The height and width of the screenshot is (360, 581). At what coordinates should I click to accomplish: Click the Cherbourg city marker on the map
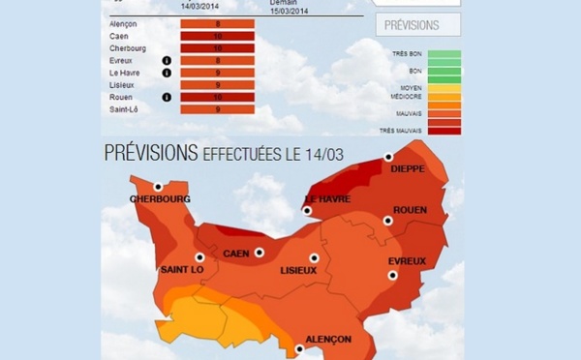click(158, 187)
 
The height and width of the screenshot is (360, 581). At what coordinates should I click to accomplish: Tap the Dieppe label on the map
click(407, 167)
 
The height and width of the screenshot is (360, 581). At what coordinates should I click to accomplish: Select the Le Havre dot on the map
click(307, 210)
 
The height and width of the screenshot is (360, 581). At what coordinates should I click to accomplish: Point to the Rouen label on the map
click(411, 209)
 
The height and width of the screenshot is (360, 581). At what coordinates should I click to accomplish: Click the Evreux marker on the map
click(393, 275)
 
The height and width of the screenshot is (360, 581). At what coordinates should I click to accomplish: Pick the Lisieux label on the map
click(298, 270)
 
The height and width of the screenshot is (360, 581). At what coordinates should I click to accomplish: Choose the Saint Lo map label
click(181, 269)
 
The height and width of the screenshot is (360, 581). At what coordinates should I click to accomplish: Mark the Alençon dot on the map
click(299, 349)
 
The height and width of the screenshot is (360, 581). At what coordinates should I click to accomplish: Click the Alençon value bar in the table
click(217, 24)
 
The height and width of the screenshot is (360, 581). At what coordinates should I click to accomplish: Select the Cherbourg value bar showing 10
click(217, 48)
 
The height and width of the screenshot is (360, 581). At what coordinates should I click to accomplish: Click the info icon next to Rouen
click(167, 97)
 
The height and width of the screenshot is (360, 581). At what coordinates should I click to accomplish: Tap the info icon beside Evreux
click(167, 60)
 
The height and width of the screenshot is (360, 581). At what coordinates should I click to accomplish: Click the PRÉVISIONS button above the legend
click(418, 25)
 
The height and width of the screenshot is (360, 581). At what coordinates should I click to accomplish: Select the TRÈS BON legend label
click(408, 55)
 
